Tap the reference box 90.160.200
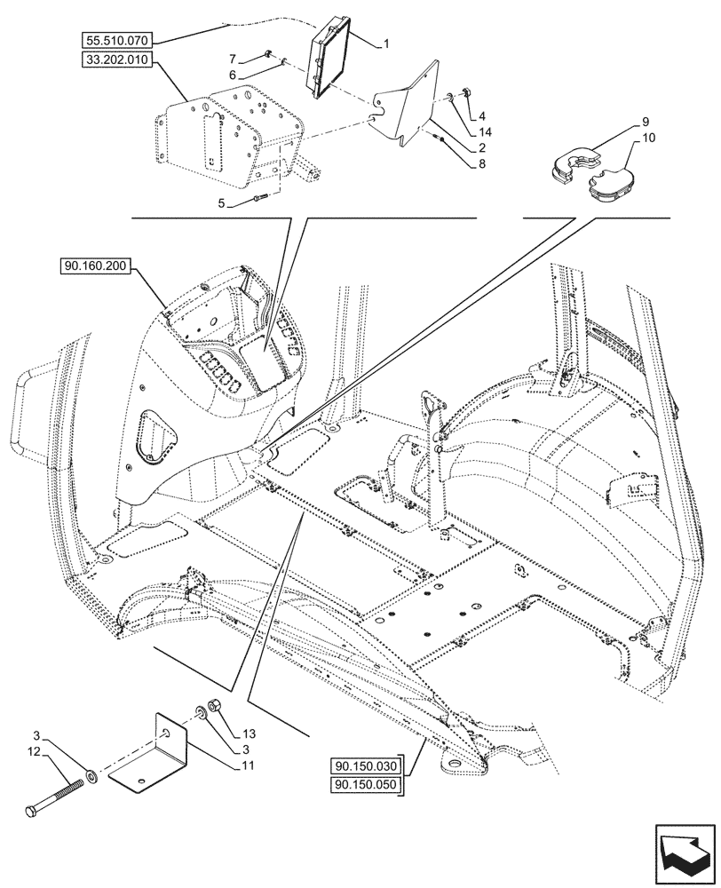click(x=96, y=265)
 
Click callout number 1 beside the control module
click(x=385, y=42)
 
